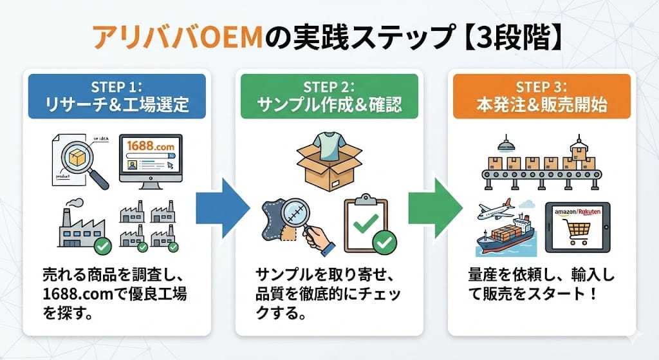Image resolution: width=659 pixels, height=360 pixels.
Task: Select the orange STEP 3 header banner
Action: pyautogui.click(x=541, y=96)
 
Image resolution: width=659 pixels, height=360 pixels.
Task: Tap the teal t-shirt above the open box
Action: pyautogui.click(x=329, y=140)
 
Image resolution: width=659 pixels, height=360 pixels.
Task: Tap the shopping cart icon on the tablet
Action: pyautogui.click(x=577, y=229)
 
